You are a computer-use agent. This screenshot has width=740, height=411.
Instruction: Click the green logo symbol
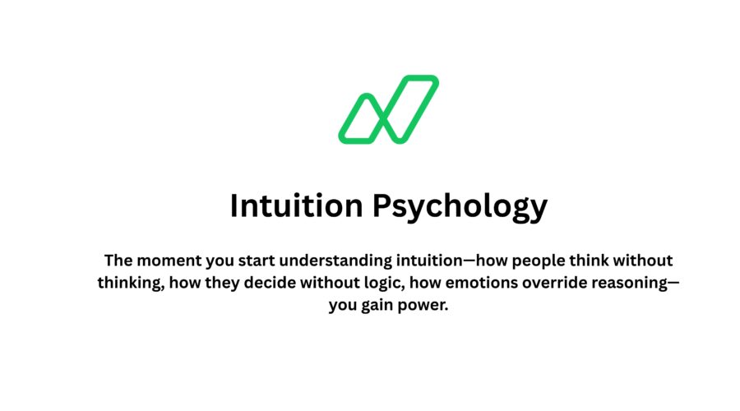(x=388, y=109)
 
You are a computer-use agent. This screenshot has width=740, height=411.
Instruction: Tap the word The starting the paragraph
(x=119, y=261)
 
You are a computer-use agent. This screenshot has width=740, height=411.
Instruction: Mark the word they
(x=247, y=284)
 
